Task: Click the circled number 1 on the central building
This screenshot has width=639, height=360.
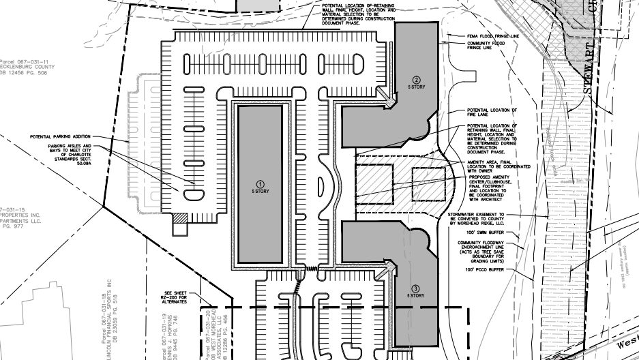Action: click(x=259, y=184)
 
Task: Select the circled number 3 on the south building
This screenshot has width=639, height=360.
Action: click(x=417, y=289)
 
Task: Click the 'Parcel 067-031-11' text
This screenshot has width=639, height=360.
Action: click(x=21, y=60)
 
